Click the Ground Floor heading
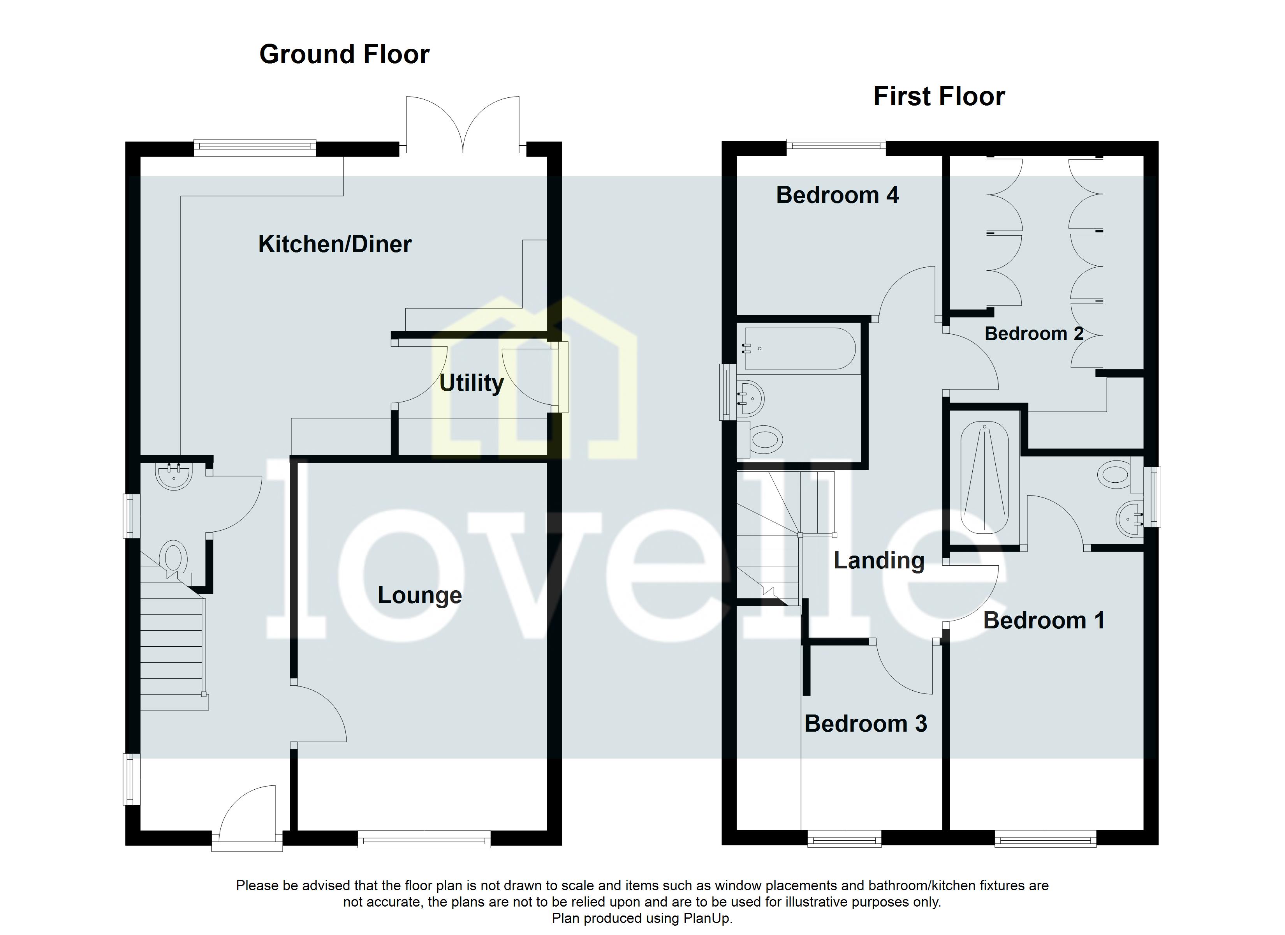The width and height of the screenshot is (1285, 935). pos(344,55)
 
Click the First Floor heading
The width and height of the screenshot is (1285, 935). pos(939,96)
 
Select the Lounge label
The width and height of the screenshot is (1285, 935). pos(419,595)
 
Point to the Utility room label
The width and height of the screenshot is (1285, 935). pos(471,383)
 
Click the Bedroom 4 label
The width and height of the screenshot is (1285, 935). pos(837,195)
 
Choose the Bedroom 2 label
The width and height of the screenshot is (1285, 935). pos(1033,333)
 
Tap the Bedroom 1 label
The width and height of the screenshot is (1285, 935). pos(1044,620)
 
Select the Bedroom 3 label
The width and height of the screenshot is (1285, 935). pos(865,724)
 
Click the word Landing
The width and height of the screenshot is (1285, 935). pos(879,561)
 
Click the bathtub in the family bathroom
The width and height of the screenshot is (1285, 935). pos(799,349)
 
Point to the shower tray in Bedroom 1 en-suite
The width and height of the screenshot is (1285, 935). pos(984,477)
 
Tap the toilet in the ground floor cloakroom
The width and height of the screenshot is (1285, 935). pos(174,557)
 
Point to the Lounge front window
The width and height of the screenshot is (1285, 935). pos(424,839)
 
